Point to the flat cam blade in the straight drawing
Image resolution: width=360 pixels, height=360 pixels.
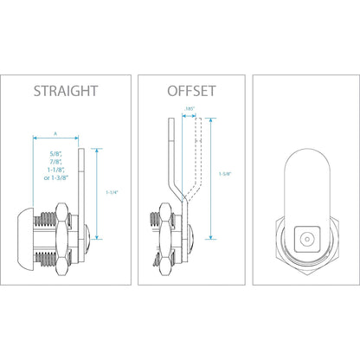tap(80, 190)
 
